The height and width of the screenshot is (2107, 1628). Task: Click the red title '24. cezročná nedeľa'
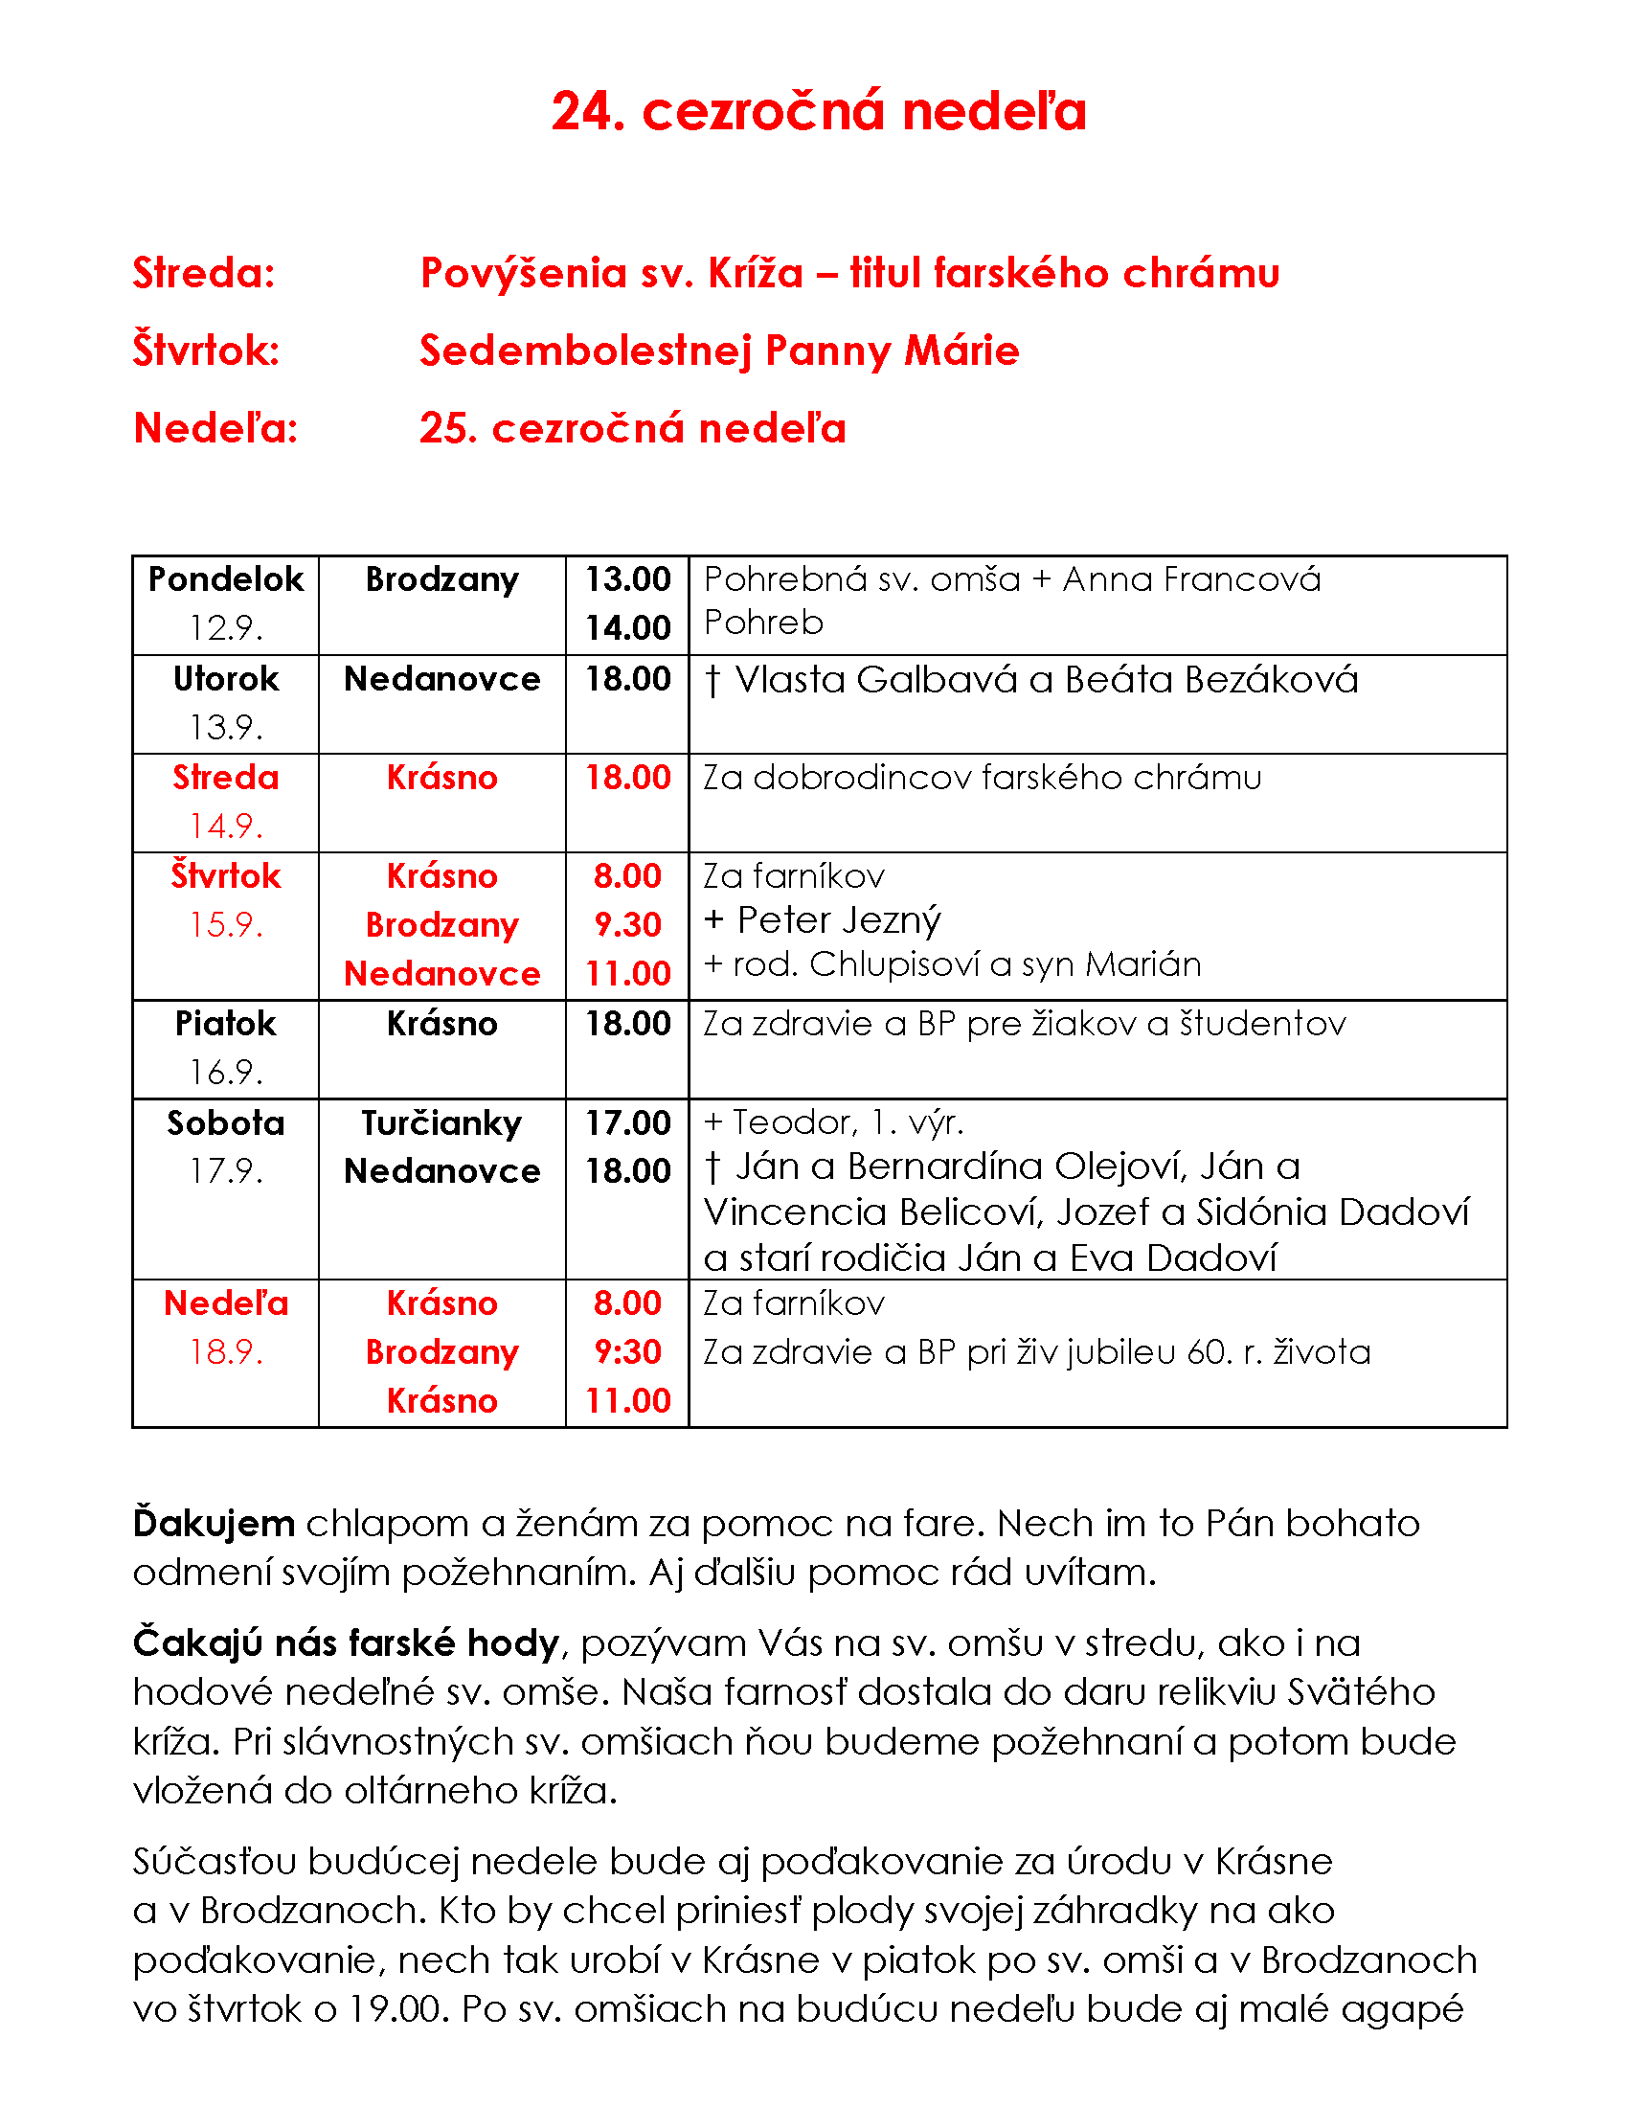click(818, 111)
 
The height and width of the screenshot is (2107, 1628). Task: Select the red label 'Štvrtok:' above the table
click(206, 351)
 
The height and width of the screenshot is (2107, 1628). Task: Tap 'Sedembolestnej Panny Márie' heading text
click(718, 351)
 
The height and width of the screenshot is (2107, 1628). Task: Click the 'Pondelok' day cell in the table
click(226, 579)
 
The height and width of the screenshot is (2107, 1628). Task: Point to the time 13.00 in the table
click(628, 579)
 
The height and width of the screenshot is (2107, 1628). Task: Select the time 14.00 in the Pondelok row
click(628, 628)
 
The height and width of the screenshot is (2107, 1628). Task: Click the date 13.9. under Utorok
click(226, 728)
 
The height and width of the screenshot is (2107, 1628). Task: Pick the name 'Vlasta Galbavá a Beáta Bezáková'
click(1047, 680)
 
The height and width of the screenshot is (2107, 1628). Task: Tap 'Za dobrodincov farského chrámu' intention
click(982, 778)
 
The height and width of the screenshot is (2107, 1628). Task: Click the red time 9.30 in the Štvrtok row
click(628, 925)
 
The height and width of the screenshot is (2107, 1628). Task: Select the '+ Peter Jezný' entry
click(822, 920)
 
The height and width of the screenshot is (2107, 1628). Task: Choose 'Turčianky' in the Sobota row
click(441, 1123)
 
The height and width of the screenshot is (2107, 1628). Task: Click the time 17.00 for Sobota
click(628, 1123)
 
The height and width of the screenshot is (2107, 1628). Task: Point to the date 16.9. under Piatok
click(226, 1072)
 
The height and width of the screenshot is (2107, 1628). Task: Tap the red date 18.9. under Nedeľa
click(226, 1352)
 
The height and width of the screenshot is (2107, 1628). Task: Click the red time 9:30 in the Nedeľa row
click(628, 1352)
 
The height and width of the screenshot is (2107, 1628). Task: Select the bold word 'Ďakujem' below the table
click(215, 1525)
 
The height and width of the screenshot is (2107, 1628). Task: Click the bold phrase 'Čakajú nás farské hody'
click(347, 1643)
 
